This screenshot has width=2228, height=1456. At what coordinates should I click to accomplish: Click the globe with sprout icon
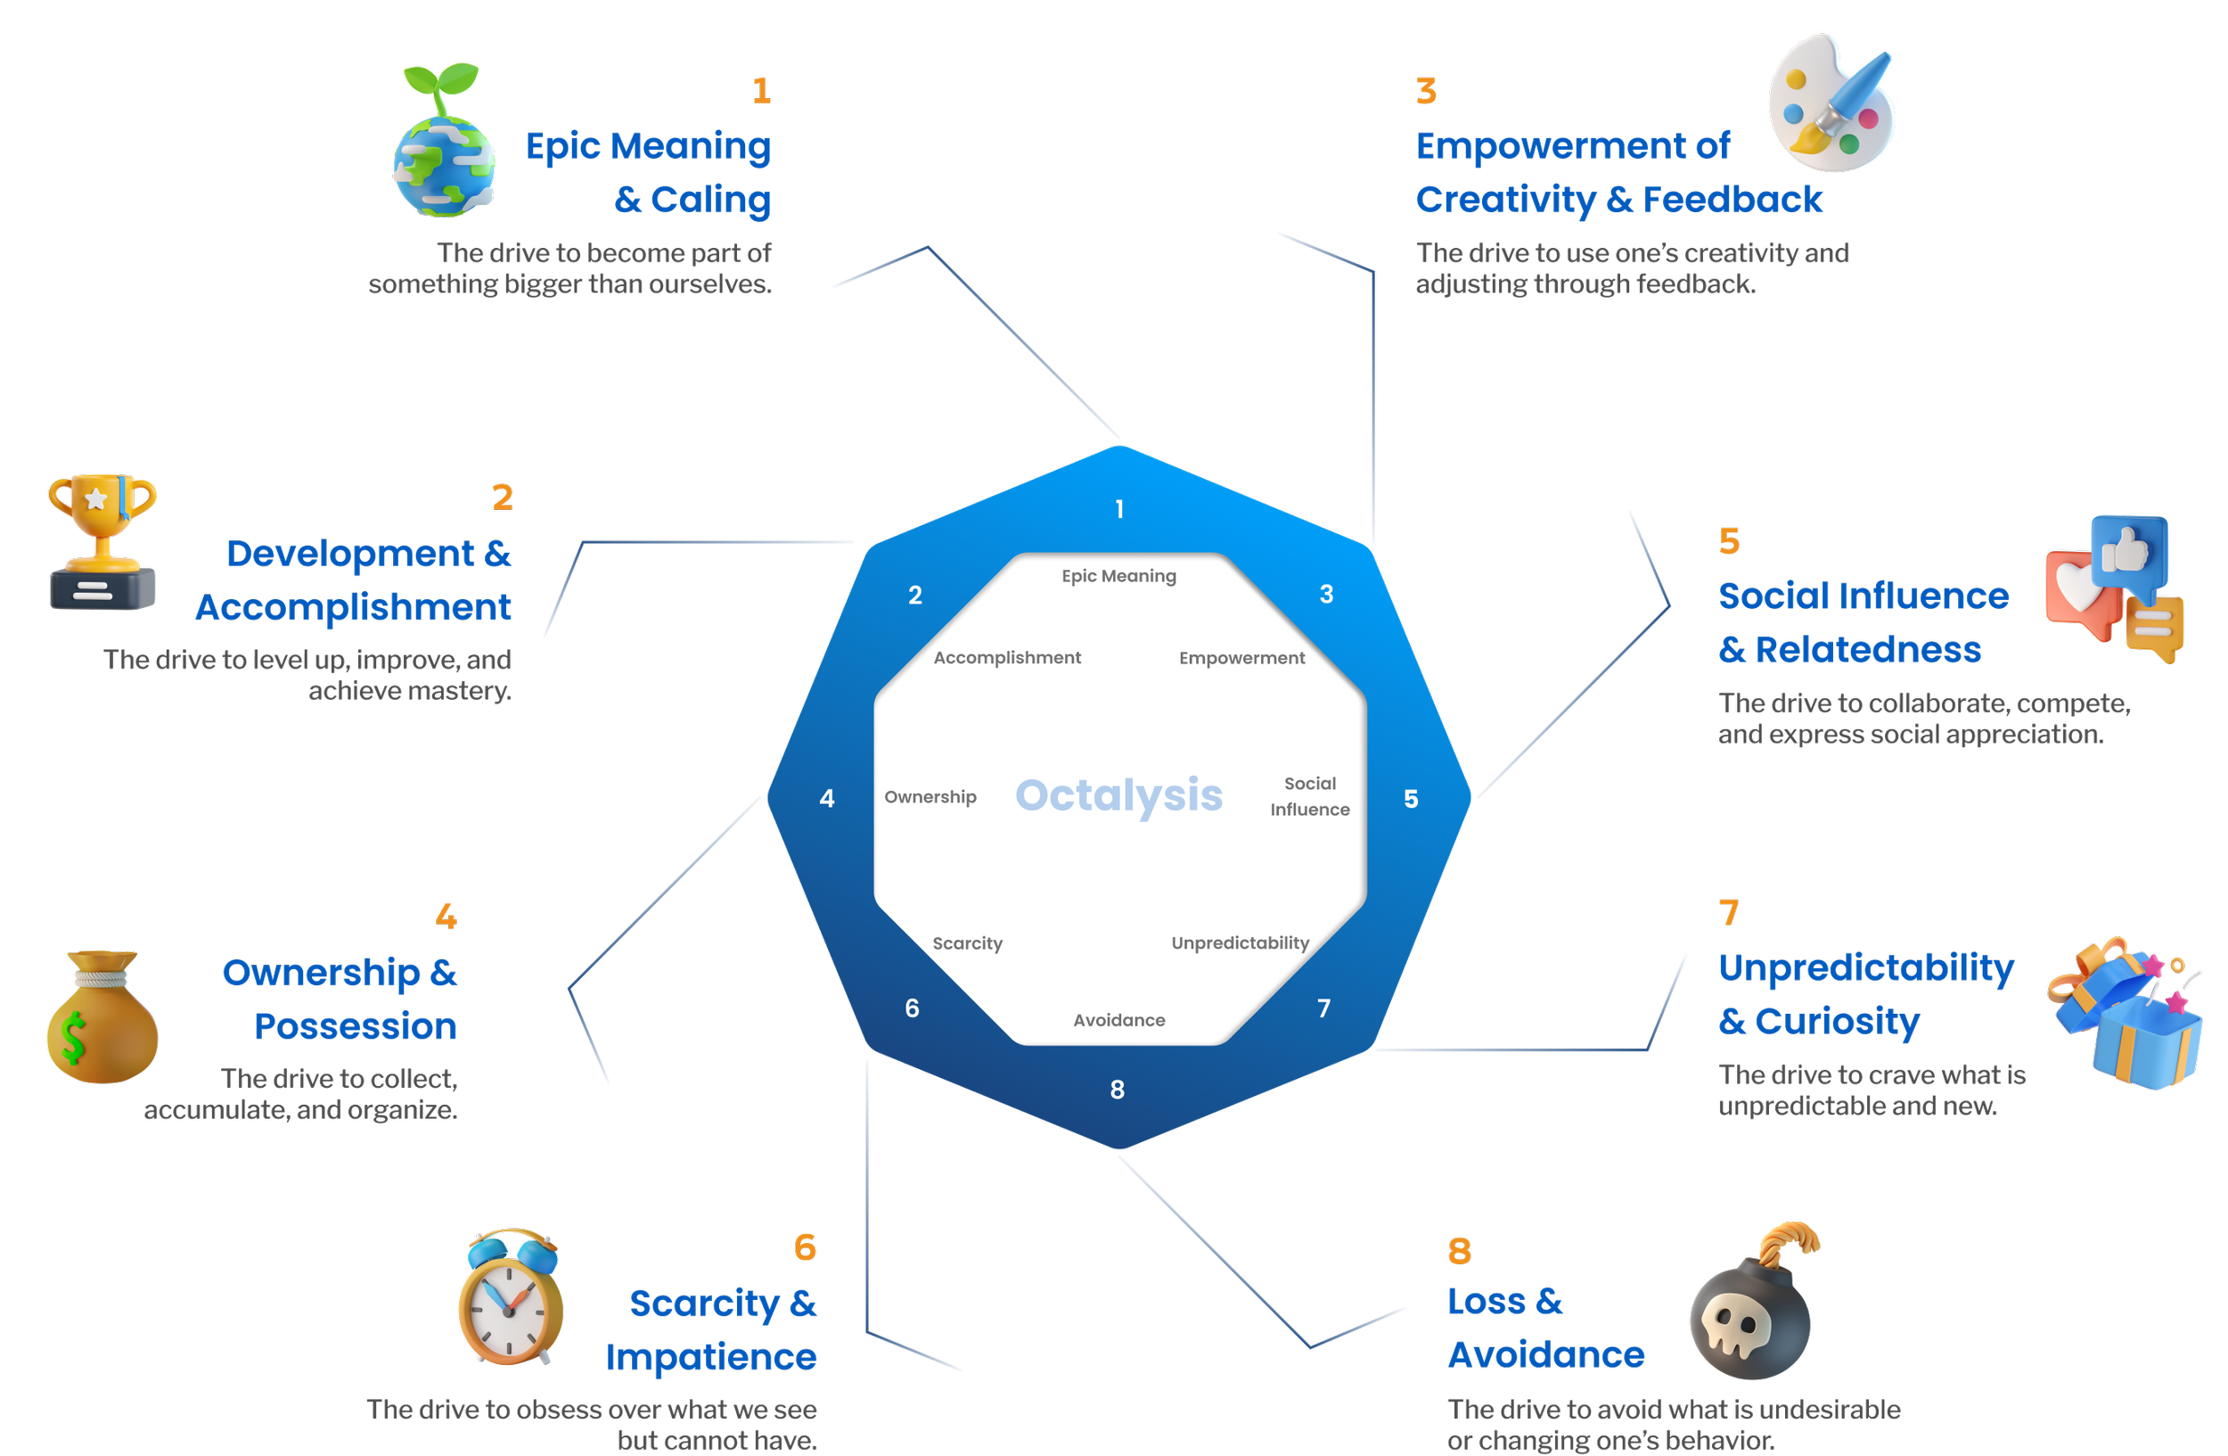pos(444,145)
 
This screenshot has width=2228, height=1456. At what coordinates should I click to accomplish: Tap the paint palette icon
pos(1831,103)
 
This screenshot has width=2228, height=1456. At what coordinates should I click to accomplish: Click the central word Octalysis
pos(1118,796)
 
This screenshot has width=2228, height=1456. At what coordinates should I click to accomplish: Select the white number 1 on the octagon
pos(1119,509)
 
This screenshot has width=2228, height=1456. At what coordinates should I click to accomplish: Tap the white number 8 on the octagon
pos(1117,1089)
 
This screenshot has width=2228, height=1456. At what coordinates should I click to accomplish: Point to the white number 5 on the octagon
pos(1411,799)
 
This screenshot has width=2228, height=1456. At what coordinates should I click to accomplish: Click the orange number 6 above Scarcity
pos(805,1247)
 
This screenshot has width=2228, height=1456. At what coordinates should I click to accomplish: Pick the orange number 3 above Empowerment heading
pos(1426,92)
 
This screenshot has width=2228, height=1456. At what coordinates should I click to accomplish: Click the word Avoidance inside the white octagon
pos(1118,1020)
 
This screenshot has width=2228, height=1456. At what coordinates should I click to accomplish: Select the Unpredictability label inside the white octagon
pos(1240,943)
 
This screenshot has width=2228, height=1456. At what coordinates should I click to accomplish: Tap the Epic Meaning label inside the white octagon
pos(1118,576)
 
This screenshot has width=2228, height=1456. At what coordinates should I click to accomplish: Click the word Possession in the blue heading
pos(356,1026)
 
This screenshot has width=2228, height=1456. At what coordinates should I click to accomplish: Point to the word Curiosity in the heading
pos(1837,1022)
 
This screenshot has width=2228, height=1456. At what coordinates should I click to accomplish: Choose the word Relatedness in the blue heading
pos(1868,650)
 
